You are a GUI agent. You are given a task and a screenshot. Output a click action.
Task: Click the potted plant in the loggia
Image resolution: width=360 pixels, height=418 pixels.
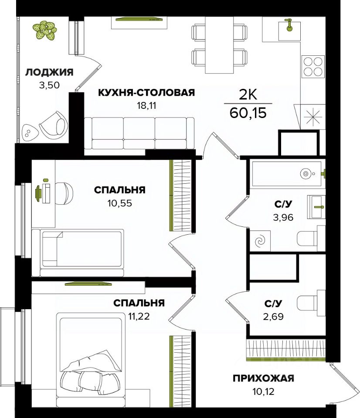click(x=44, y=30)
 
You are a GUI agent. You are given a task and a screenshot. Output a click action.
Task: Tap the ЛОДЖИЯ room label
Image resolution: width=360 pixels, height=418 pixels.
click(x=49, y=72)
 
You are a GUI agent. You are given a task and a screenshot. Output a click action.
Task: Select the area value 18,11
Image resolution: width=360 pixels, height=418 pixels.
click(x=146, y=105)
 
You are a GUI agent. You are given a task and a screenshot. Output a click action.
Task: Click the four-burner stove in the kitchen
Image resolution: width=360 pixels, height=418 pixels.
click(x=313, y=67)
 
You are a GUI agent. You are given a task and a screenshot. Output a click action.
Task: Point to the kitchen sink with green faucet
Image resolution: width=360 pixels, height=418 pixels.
click(x=289, y=30)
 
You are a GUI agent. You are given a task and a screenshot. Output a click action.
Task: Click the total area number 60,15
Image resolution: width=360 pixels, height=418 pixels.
click(x=248, y=113)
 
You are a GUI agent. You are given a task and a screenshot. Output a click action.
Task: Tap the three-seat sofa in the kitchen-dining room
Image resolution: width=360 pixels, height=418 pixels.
click(x=139, y=133)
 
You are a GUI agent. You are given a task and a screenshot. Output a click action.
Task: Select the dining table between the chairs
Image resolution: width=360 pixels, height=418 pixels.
click(x=219, y=45)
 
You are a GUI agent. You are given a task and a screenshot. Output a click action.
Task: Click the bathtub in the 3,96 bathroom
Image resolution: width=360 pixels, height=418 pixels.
click(x=287, y=174)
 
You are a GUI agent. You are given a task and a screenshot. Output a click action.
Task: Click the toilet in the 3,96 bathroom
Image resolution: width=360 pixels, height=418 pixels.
click(x=311, y=238)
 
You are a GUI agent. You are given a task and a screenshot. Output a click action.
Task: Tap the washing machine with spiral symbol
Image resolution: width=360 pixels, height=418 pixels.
click(x=260, y=241)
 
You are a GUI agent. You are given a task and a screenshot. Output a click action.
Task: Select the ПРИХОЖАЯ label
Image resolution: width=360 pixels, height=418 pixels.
click(x=263, y=378)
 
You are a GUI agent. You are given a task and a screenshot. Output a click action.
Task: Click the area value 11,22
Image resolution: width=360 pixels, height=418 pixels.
click(x=139, y=317)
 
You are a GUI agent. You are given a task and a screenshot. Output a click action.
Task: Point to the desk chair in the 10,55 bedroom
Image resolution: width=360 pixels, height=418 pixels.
click(x=65, y=193)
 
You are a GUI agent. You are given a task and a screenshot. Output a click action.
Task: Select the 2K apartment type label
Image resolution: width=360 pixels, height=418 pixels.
click(x=248, y=95)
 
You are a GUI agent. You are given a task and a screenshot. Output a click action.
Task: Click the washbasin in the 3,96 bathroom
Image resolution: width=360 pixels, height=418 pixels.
click(x=316, y=207)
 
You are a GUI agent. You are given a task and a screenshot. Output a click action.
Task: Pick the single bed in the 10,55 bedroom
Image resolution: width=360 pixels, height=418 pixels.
click(x=78, y=253)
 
